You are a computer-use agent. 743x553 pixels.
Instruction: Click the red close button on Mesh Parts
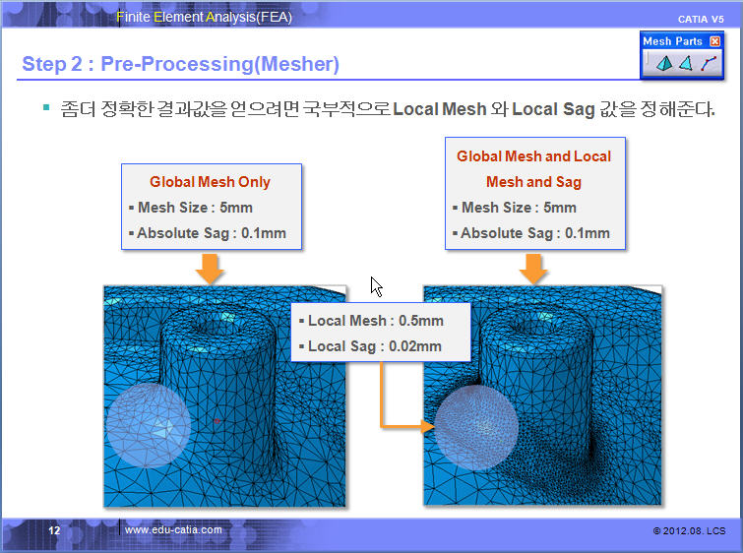coord(715,41)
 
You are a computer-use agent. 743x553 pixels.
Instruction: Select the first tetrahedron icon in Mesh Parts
coord(664,63)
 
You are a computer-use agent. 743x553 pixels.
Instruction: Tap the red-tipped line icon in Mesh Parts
coord(708,63)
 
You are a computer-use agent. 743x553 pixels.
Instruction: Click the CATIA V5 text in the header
coord(701,19)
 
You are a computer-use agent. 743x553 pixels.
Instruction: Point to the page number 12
coord(54,530)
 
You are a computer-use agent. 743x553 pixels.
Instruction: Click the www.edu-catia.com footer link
coord(173,529)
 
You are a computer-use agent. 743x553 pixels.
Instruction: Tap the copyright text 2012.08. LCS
coord(689,530)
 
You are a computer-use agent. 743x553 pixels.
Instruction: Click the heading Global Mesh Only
coord(210,181)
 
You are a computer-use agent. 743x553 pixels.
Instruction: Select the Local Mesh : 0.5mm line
coord(372,321)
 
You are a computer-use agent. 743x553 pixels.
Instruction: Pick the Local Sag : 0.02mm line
coord(371,346)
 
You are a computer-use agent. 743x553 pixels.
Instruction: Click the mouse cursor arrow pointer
coord(376,286)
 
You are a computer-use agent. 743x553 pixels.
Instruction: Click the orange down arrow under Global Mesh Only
coord(210,269)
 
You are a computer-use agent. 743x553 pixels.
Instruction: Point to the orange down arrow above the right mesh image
coord(533,269)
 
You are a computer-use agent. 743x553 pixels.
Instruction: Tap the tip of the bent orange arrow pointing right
coord(435,426)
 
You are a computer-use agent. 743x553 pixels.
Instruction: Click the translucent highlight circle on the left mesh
coord(148,425)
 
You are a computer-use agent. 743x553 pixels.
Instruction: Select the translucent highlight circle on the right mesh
coord(476,427)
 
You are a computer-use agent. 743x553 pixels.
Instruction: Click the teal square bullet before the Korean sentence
coord(46,107)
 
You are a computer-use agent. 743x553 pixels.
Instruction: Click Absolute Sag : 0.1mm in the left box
coord(208,233)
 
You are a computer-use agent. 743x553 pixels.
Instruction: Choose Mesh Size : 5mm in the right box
coord(515,208)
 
